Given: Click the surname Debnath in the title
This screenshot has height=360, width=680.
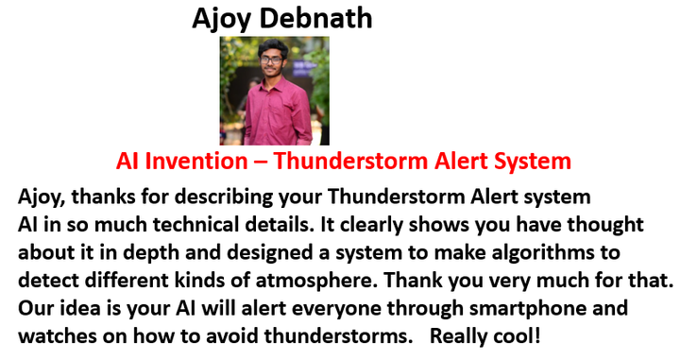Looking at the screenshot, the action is (315, 18).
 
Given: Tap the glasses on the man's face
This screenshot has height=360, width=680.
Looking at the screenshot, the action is (272, 60).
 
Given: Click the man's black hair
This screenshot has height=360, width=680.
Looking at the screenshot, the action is (273, 47).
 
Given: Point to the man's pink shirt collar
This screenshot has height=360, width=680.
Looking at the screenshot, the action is (272, 81).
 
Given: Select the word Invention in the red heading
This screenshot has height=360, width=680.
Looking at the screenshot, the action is (196, 161).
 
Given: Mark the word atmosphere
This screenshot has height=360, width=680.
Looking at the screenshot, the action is (314, 281).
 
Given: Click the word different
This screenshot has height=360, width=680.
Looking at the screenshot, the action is (127, 281).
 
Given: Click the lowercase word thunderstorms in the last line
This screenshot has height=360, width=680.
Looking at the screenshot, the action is (338, 336).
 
